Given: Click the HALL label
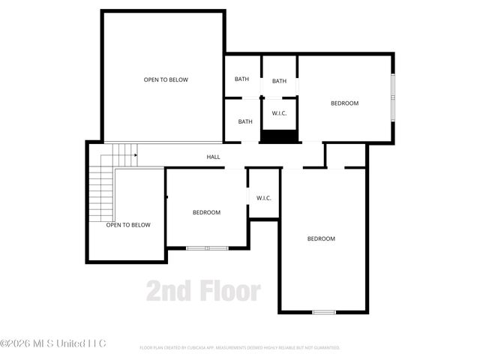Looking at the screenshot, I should coord(214,157).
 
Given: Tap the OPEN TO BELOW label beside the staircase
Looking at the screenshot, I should coord(128,224).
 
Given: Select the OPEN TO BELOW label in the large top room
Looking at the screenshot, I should coord(166,79).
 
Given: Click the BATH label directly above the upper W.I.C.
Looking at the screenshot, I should coord(279,81).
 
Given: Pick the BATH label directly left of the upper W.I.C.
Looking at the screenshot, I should coord(245,121).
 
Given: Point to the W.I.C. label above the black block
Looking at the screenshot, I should coord(279,113).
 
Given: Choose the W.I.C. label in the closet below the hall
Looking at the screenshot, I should coord(263,198).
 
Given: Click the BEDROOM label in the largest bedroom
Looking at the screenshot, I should coord(321,238).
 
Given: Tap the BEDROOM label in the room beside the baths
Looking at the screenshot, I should coord(345,103).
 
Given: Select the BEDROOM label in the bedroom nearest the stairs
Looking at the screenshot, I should coord(206,212).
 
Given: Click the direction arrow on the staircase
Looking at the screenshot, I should coord(135,155).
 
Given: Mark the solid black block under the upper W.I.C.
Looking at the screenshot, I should coord(279,136).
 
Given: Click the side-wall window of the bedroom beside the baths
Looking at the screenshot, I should coord(392,97).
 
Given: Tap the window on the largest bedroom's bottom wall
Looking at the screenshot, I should coord(323,311).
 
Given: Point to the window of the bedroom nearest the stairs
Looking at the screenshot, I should coord(207,247).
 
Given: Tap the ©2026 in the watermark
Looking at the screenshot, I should coord(17,343).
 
